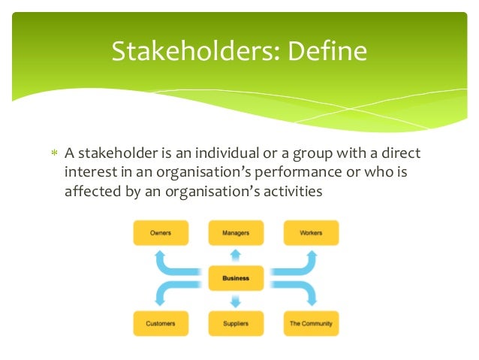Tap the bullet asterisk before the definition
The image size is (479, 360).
53,155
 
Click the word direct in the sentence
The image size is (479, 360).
401,154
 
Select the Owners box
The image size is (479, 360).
161,233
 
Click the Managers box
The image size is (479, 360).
236,233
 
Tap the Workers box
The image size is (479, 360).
311,233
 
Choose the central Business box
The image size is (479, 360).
236,278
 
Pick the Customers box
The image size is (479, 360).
161,323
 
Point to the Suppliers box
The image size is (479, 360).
236,323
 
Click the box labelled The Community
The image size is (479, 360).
311,323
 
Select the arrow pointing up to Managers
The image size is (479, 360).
236,255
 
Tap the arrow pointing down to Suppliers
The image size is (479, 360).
236,301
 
